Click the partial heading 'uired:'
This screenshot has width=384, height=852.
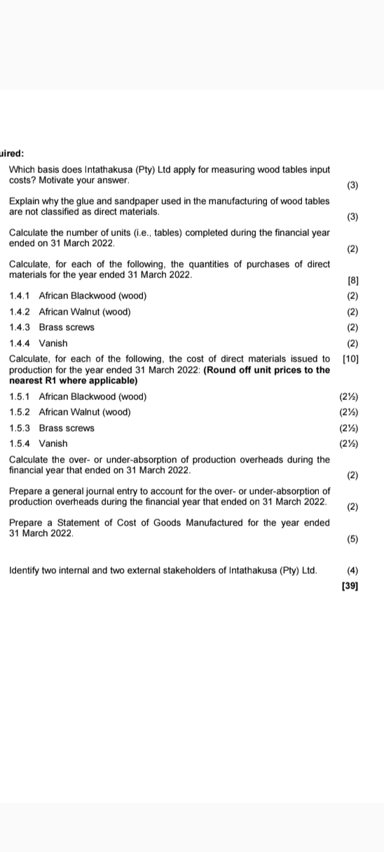coord(12,153)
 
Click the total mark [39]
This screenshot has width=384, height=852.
coord(350,586)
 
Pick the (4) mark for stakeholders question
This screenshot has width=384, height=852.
coord(352,570)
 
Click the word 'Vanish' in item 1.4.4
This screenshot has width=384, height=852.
coord(53,343)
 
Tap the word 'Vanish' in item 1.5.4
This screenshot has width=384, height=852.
coord(53,444)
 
